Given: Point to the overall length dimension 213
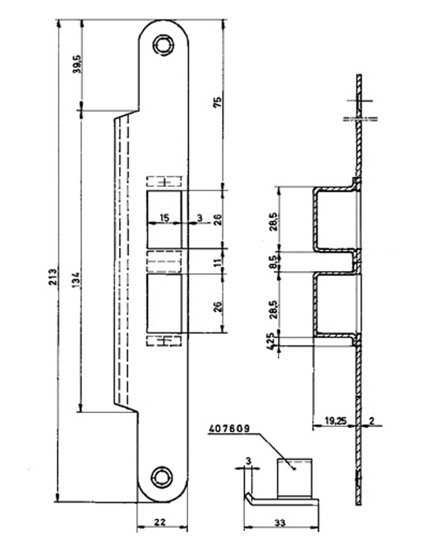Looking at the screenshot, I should tap(53, 277).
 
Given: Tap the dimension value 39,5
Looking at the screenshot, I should tap(77, 64).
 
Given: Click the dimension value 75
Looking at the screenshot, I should tap(218, 102).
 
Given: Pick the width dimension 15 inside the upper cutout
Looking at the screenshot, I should tap(164, 218).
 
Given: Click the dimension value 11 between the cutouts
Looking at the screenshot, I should tap(218, 262).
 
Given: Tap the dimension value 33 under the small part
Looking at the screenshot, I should tap(279, 522).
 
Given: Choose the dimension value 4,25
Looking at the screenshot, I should tap(271, 342).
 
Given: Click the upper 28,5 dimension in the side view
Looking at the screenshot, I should tap(273, 222).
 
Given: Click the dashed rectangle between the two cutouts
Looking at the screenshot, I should tap(164, 261).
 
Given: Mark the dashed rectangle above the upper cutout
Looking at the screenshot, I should tap(164, 181).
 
